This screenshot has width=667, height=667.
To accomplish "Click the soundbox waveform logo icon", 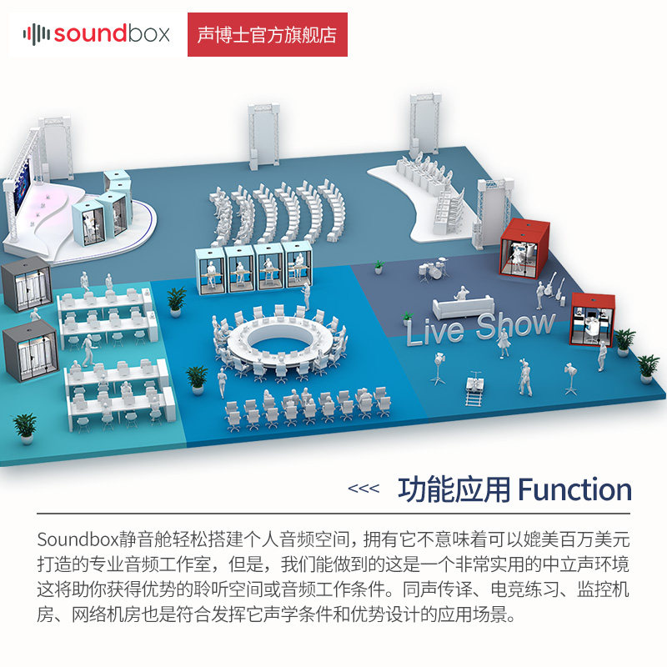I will [x=37, y=34].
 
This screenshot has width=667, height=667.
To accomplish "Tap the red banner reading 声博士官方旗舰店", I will [x=267, y=35].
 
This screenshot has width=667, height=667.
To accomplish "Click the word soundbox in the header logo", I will [x=112, y=34].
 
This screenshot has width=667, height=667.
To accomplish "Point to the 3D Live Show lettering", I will [x=480, y=326].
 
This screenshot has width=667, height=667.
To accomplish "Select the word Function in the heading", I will [x=575, y=489].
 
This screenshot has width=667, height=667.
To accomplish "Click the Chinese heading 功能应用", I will [x=454, y=489].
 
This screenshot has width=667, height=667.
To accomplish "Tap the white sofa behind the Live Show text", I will [x=459, y=305].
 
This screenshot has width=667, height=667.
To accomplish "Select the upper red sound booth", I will [x=520, y=247].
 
